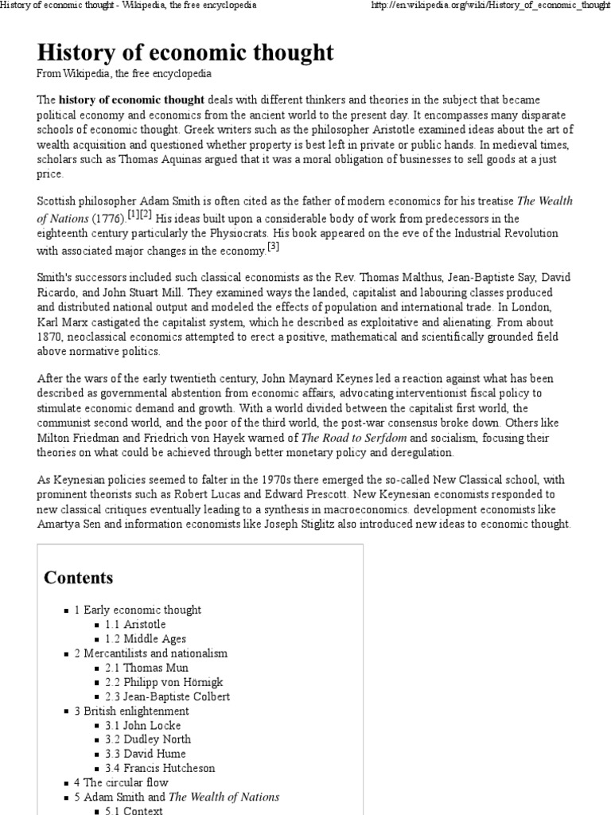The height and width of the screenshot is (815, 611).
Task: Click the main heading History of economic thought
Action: point(185,53)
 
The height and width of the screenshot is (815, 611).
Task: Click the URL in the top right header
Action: point(488,6)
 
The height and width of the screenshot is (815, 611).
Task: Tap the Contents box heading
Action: point(79,577)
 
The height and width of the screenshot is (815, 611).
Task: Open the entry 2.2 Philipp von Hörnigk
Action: point(164,682)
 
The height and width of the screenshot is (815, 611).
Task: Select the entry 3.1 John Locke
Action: point(142,725)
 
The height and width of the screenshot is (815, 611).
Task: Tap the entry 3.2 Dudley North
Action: point(147,739)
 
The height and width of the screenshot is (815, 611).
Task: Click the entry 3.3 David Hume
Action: point(145,754)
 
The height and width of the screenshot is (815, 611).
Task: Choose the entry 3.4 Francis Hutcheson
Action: point(160,768)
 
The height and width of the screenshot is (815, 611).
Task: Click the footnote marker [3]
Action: point(273,248)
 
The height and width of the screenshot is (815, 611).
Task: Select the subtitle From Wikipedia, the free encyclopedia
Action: point(124,74)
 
